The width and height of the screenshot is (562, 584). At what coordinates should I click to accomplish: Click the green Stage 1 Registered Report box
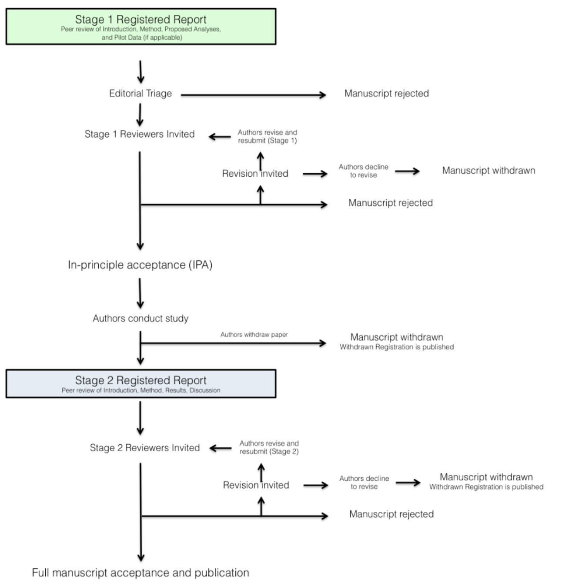(140, 27)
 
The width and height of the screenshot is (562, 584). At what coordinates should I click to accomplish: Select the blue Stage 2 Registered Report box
(140, 383)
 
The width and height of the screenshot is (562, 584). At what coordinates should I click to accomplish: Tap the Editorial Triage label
(140, 93)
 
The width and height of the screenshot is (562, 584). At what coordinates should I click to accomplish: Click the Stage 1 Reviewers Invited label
(139, 134)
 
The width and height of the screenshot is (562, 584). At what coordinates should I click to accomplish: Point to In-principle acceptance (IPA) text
(140, 265)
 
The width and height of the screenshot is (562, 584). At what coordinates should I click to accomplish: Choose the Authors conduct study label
(140, 318)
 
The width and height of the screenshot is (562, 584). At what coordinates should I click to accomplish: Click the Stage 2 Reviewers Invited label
(144, 448)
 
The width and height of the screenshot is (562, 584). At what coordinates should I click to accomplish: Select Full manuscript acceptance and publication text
(140, 573)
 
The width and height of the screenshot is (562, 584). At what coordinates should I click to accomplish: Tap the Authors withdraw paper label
(254, 335)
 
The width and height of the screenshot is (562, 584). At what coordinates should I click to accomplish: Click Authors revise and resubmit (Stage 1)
(268, 136)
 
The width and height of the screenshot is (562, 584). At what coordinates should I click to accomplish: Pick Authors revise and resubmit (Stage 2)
(269, 447)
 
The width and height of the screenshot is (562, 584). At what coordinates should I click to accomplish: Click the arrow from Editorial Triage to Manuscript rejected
(253, 95)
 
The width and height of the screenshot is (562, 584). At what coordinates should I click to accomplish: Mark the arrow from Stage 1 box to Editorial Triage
(140, 72)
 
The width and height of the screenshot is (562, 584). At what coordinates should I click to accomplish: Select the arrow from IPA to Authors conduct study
(140, 293)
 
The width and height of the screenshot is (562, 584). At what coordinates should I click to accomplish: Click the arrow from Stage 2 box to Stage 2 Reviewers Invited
(140, 418)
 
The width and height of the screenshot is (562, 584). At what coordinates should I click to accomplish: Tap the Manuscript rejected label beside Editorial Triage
(386, 93)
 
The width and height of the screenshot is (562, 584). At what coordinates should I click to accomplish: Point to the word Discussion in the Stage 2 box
(205, 390)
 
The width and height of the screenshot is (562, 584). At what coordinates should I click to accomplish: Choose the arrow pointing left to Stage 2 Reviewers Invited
(220, 448)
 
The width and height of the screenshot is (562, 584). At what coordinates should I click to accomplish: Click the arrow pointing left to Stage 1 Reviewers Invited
(220, 137)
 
